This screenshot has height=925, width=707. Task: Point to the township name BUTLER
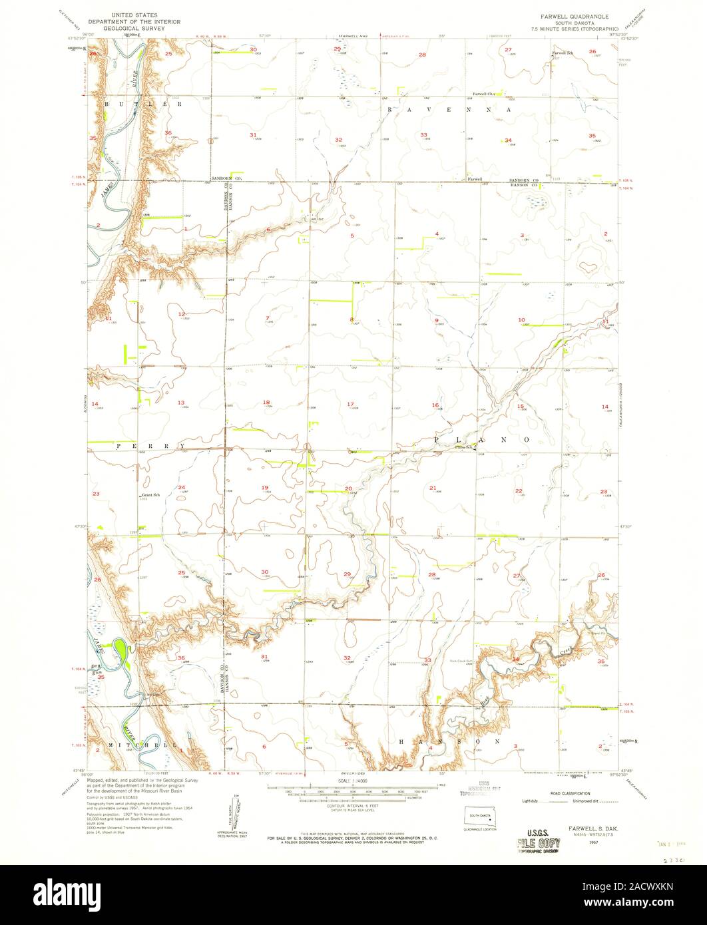[x=142, y=105]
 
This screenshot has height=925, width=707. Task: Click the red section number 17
[x=350, y=404]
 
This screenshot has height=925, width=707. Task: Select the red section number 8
[x=352, y=320]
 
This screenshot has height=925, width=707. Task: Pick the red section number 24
[x=181, y=488]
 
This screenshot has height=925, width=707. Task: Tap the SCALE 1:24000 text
[x=353, y=781]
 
